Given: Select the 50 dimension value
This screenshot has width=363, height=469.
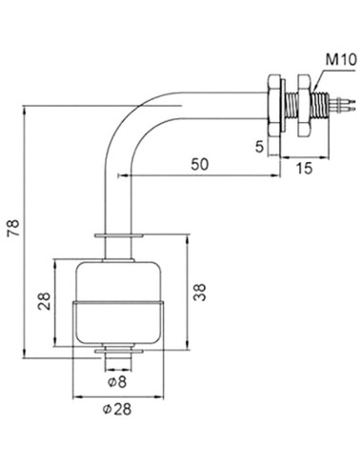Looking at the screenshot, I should point(199,163).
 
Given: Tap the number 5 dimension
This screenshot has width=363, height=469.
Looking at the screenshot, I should point(259,148).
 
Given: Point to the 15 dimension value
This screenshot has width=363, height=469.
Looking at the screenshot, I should point(303,169).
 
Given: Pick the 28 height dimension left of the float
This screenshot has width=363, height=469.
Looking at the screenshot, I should point(43,303).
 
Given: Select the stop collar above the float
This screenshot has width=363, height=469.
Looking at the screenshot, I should point(119,234).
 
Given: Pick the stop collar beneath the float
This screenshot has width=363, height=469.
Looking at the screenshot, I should point(119,352).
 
